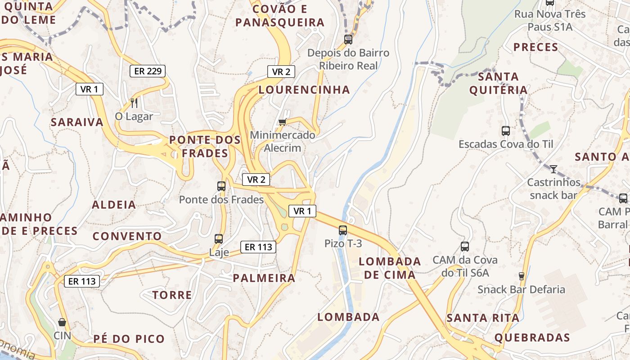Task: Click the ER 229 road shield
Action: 148,71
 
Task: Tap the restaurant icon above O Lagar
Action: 134,103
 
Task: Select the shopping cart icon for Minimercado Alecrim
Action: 283,121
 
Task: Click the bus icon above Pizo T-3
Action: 343,230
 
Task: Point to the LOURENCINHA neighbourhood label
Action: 304,90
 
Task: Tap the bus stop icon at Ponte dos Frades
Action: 221,186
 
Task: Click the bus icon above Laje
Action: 219,239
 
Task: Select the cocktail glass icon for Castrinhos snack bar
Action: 553,169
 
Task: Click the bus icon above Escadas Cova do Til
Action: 506,131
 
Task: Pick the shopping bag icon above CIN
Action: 62,322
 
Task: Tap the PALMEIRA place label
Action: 264,278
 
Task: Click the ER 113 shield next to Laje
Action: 258,247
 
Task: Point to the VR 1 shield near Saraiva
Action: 90,89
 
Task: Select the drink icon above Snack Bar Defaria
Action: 522,276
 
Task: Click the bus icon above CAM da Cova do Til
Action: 465,247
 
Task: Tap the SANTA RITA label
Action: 483,318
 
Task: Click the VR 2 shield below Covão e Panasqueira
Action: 281,72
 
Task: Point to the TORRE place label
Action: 172,295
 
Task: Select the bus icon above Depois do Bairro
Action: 348,39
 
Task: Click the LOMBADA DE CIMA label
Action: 390,268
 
